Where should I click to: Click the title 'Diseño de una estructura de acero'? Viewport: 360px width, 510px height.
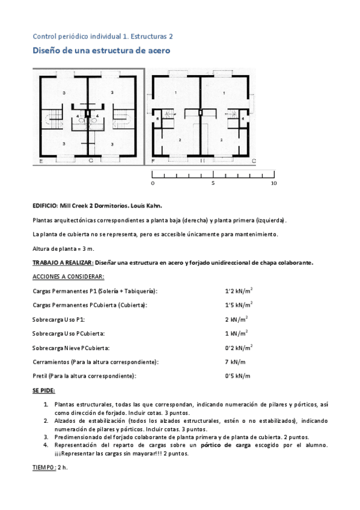(x=101, y=52)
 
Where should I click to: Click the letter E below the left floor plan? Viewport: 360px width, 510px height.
(x=41, y=162)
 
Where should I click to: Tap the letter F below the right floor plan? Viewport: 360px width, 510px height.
(x=154, y=162)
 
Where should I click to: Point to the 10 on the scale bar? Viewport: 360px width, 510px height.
(x=273, y=183)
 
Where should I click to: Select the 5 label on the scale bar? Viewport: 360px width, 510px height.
(x=213, y=183)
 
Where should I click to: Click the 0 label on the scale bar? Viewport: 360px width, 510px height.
(x=153, y=183)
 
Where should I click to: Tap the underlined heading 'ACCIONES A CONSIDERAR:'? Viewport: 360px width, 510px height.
(x=68, y=277)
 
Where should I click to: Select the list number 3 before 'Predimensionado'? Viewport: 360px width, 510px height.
(x=46, y=437)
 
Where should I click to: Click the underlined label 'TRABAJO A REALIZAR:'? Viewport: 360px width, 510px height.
(x=63, y=262)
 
